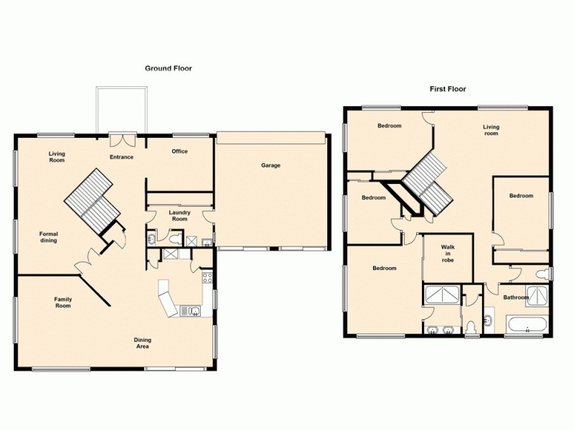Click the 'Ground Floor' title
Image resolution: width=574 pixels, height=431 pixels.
tap(169, 68)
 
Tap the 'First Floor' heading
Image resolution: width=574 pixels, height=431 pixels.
tap(448, 90)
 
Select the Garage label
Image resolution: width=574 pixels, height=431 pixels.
tap(270, 166)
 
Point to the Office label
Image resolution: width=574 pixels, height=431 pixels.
tap(179, 152)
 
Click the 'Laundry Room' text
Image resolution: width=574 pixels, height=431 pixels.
tap(179, 215)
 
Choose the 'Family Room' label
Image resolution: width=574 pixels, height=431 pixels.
tap(63, 302)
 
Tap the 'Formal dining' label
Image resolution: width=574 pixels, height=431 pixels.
tap(48, 237)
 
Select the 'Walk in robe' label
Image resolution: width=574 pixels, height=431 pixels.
tap(447, 254)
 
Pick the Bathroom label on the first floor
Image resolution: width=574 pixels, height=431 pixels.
tap(515, 297)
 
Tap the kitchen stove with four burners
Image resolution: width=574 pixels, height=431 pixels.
tap(207, 279)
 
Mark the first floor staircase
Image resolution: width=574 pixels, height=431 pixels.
tap(428, 182)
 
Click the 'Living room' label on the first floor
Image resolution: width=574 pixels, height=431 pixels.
tap(491, 130)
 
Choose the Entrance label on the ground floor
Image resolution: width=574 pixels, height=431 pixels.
tap(121, 157)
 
